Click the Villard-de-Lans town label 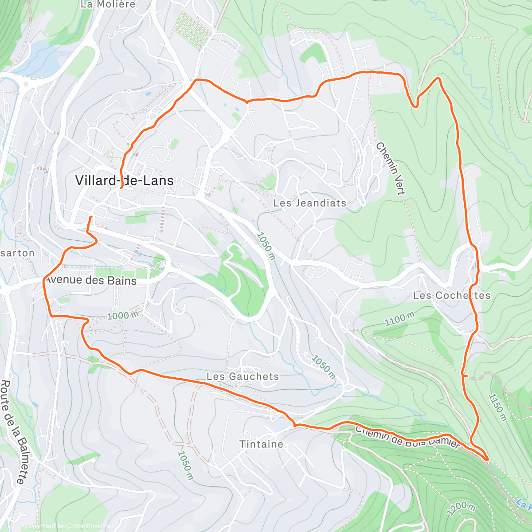(x=124, y=180)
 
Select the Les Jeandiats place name (x=309, y=203)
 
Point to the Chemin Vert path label (x=391, y=168)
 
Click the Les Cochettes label (x=452, y=295)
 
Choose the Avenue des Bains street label (x=91, y=280)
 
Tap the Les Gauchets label (x=243, y=376)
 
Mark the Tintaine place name (x=261, y=444)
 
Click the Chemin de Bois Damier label (x=408, y=437)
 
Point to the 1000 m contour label (x=123, y=316)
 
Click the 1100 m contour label (x=399, y=319)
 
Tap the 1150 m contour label (x=498, y=407)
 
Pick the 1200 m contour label (x=462, y=508)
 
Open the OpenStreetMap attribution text (x=93, y=526)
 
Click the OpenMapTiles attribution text (x=46, y=526)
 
